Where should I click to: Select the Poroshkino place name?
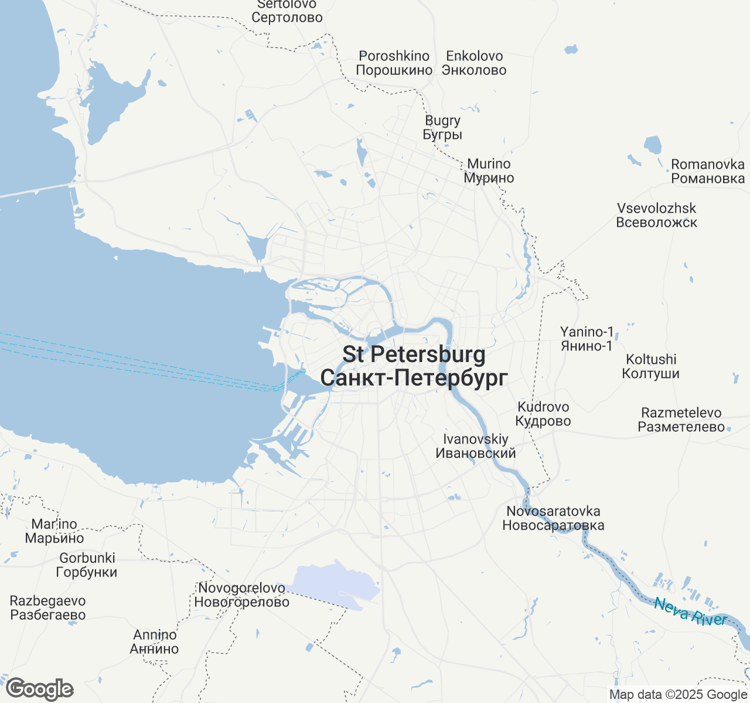pos(394,63)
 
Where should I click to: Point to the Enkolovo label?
pos(475,63)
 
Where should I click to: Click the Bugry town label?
pos(443,127)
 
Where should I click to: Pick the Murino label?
pos(489,171)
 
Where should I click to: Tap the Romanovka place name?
pos(708,171)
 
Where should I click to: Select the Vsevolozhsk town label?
pos(657,215)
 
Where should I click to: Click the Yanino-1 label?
pos(587,339)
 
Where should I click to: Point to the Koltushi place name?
pos(651,366)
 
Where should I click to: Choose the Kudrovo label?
pos(543,414)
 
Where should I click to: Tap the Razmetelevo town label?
pos(681,419)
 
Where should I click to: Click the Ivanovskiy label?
pos(476,446)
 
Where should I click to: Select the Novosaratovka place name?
pos(553,518)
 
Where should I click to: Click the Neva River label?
pos(691,612)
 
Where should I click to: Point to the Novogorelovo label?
pos(242,595)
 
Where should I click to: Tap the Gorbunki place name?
pos(87,565)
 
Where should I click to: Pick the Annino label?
pos(155,641)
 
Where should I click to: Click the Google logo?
pos(39,690)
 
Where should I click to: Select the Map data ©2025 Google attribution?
pos(678,695)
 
